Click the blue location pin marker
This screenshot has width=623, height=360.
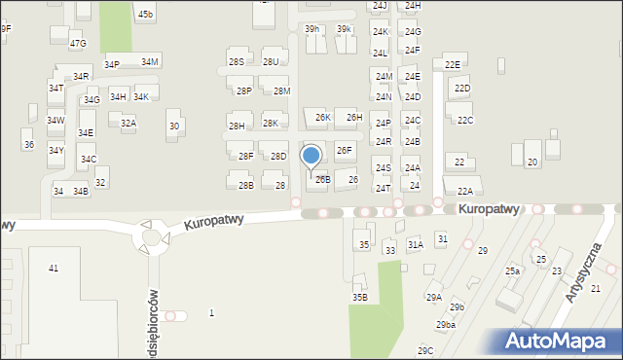[311, 156]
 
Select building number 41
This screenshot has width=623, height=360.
[54, 268]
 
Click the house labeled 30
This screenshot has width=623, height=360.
[174, 126]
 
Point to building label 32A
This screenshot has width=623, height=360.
[128, 124]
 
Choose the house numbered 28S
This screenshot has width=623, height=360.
[237, 61]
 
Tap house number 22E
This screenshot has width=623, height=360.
[453, 64]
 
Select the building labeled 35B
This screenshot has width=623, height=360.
[360, 297]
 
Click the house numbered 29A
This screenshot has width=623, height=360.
[434, 297]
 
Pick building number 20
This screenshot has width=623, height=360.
[531, 161]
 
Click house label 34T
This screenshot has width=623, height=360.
[55, 88]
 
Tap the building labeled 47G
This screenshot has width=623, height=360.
[78, 44]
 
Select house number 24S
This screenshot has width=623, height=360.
[384, 168]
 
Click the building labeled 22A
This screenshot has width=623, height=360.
[465, 191]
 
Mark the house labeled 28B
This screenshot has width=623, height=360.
[246, 185]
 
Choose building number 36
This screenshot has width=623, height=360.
[28, 144]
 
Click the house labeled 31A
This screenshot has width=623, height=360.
[416, 245]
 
